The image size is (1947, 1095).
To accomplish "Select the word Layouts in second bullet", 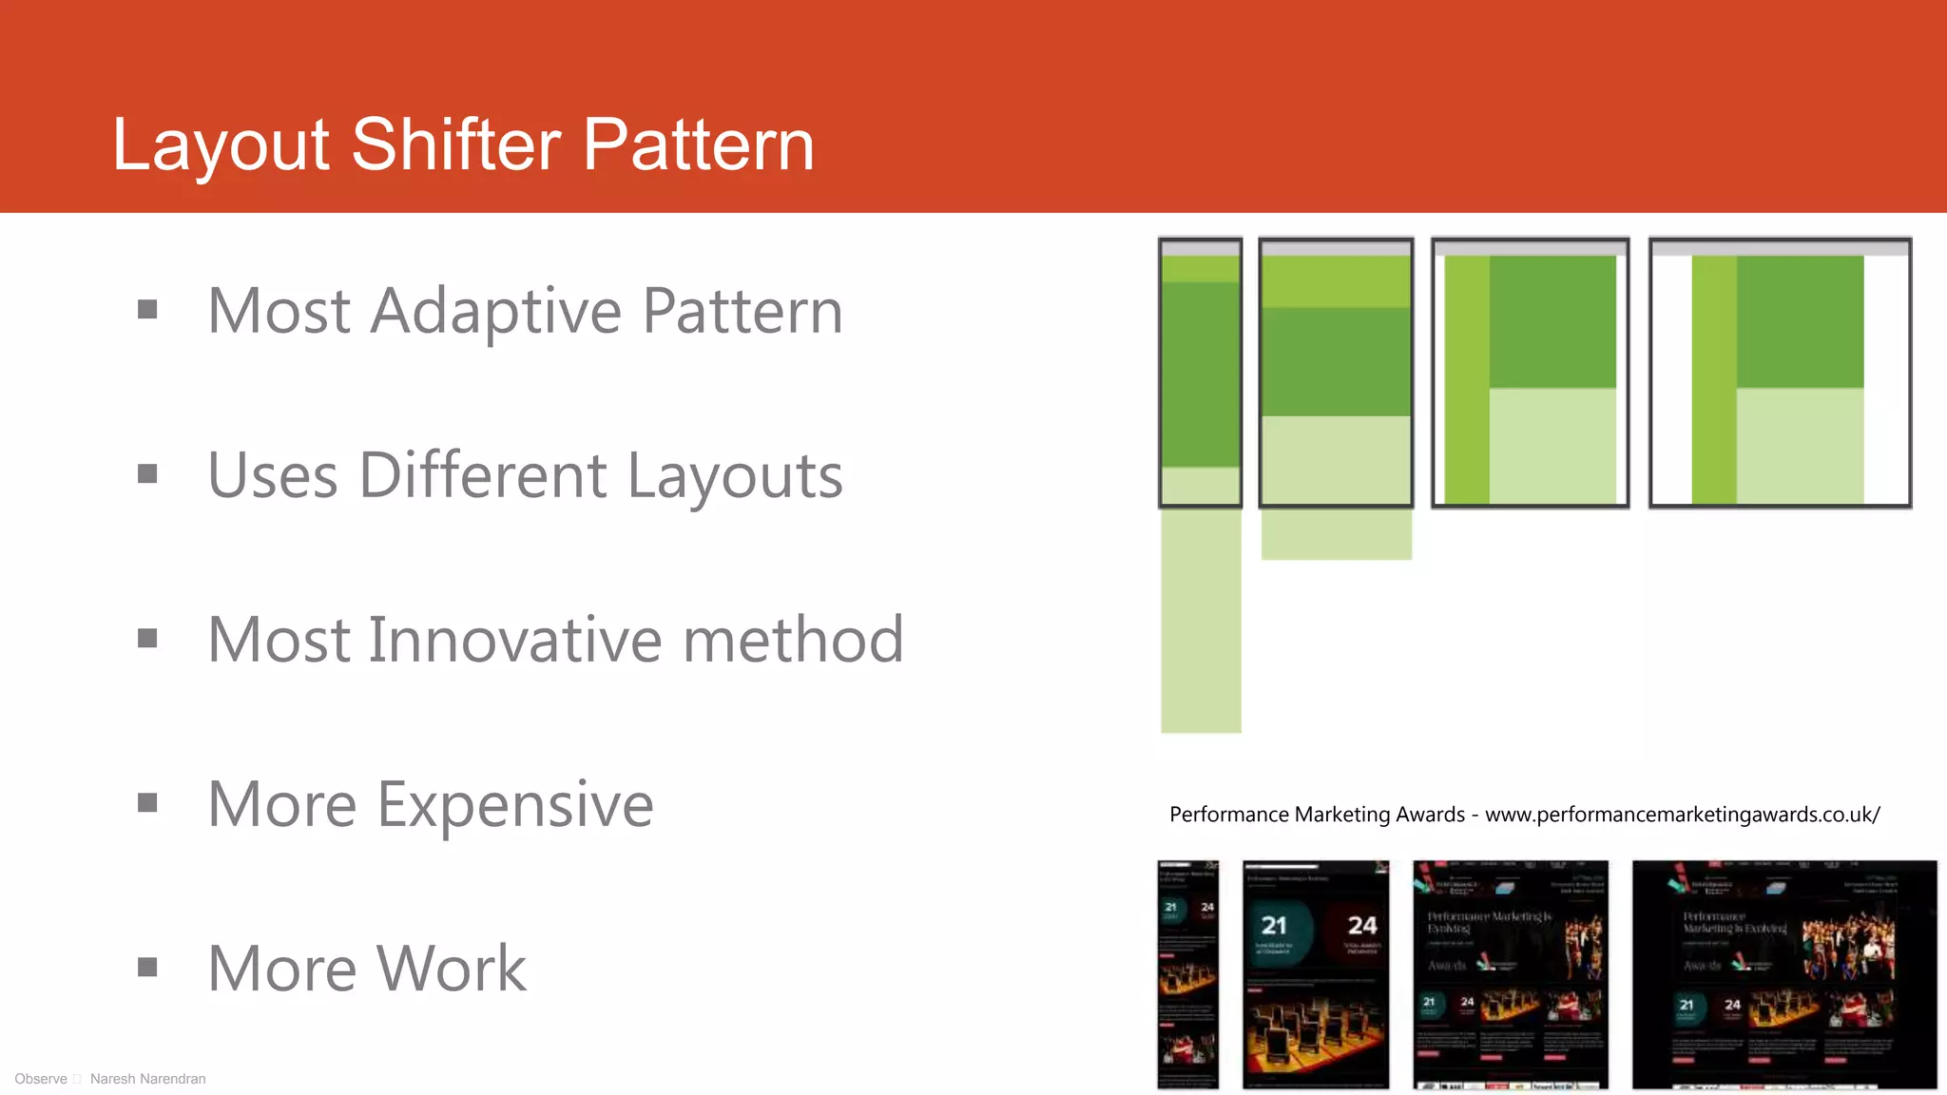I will click(x=735, y=475).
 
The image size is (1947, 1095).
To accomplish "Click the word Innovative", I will click(x=514, y=640).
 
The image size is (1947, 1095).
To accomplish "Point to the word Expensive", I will click(x=515, y=804).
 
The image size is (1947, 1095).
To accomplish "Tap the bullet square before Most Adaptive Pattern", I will click(x=147, y=309).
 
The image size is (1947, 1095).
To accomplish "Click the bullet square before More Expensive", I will click(x=147, y=803).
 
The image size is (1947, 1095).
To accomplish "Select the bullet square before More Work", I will click(x=147, y=968).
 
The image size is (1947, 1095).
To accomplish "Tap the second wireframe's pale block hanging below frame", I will click(x=1336, y=534).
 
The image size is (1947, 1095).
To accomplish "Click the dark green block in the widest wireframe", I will click(x=1800, y=321).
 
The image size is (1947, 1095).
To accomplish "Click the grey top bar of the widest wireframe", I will click(x=1780, y=248).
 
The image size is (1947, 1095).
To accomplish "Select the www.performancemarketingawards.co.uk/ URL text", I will click(x=1682, y=815).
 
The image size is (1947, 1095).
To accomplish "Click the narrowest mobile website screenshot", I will click(x=1187, y=974).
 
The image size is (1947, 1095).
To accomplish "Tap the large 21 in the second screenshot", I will click(x=1274, y=925).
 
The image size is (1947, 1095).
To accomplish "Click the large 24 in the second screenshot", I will click(x=1362, y=925).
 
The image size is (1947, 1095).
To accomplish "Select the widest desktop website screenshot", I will click(x=1783, y=974).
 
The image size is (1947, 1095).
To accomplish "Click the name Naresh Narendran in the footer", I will click(x=147, y=1079).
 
